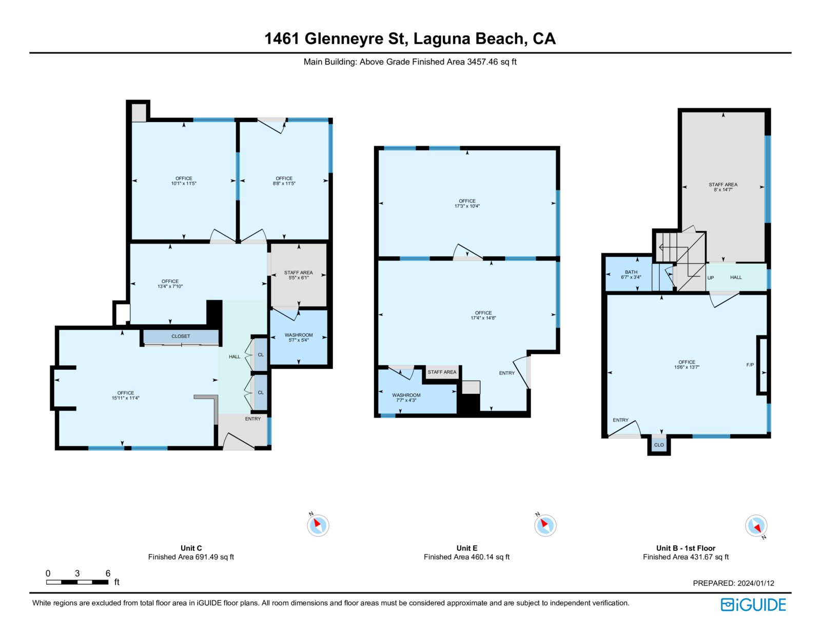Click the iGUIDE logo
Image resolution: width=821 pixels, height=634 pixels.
[x=753, y=605]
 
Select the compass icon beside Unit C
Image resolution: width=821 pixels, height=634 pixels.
[x=318, y=525]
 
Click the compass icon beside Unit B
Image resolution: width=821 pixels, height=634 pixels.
[x=756, y=526]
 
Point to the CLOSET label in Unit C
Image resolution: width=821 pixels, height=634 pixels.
[x=181, y=336]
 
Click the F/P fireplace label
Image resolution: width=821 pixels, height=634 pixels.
[x=750, y=365]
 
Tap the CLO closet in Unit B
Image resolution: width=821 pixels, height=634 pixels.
[x=659, y=445]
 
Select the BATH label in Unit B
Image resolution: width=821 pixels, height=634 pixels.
[x=631, y=272]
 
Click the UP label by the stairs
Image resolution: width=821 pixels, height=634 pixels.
[x=711, y=278]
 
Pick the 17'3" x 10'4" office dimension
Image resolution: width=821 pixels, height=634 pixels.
[x=467, y=206]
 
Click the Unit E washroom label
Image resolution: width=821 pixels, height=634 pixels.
[x=406, y=395]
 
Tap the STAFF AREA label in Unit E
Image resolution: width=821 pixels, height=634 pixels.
[x=442, y=372]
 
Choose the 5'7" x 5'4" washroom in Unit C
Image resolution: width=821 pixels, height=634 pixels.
[x=299, y=340]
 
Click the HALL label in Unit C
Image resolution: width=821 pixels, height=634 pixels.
[x=234, y=356]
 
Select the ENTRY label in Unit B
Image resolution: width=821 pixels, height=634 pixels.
[x=620, y=420]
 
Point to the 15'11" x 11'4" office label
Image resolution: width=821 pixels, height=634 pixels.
[x=126, y=398]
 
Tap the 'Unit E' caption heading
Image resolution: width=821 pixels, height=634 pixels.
[x=466, y=548]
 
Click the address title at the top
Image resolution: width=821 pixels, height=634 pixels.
[x=410, y=38]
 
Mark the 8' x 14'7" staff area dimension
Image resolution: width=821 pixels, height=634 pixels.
[x=723, y=190]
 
